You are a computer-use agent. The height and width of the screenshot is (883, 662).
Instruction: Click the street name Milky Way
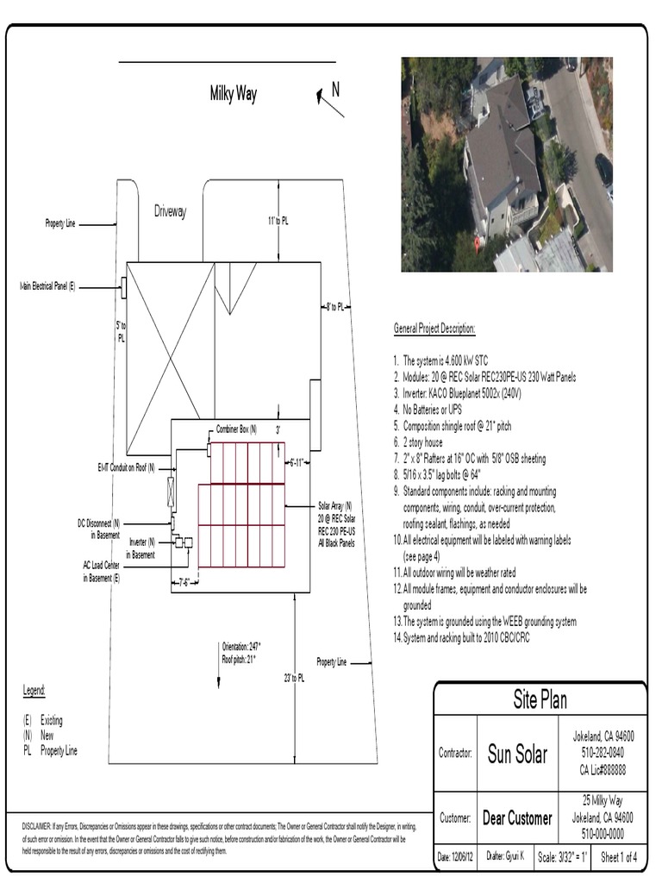tap(233, 94)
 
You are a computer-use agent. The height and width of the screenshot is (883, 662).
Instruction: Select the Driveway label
tap(170, 212)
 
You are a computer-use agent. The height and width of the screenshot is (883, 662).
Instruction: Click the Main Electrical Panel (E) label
tap(48, 285)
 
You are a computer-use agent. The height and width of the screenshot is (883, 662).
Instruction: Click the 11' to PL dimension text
tap(278, 221)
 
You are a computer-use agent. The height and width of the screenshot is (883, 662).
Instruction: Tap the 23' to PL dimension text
tap(293, 679)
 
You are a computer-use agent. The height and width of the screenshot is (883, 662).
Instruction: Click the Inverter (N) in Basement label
tap(142, 548)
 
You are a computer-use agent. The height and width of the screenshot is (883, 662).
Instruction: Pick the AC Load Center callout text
tap(102, 572)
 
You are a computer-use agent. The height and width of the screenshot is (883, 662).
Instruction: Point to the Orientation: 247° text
tap(241, 646)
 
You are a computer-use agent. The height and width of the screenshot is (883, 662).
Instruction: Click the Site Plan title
tap(540, 699)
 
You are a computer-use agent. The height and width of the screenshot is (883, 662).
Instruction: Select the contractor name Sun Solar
tap(517, 755)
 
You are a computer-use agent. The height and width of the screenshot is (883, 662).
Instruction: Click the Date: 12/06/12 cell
tap(456, 857)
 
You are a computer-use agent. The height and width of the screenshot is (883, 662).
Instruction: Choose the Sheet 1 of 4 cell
tap(619, 857)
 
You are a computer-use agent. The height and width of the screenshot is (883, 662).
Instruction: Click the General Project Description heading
tap(434, 329)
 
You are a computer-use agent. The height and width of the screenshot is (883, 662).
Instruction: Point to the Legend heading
tap(34, 691)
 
